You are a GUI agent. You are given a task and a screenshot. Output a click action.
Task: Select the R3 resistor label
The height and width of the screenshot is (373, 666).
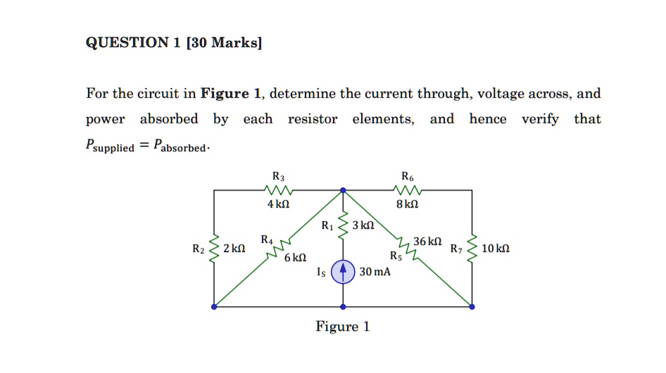point(278,175)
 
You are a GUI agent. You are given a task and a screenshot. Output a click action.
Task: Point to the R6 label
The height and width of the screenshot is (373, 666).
point(408,175)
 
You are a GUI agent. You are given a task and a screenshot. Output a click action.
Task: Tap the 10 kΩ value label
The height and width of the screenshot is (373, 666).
point(496,249)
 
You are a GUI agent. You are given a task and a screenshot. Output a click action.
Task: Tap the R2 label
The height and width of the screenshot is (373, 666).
point(199,249)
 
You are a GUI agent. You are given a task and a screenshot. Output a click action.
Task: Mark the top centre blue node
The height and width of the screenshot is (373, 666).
point(343,190)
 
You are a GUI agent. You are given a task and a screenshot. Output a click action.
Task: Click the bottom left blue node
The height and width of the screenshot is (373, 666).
point(214,307)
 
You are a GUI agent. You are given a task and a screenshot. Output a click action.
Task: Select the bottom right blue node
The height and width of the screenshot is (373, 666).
point(472,307)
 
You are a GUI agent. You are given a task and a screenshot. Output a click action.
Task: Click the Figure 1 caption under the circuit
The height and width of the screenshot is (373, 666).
point(343,327)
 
